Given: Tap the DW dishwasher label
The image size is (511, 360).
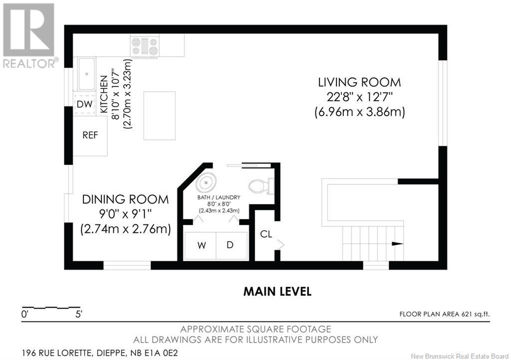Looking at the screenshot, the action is [x=84, y=105].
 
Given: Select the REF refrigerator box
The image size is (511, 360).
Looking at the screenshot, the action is [x=90, y=136].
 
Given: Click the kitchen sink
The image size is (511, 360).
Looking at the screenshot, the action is [x=86, y=74].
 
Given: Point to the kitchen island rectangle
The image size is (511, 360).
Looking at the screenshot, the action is [x=160, y=116].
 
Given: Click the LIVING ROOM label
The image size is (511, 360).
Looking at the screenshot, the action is [x=359, y=82].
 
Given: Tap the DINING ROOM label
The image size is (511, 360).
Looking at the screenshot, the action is [x=125, y=199].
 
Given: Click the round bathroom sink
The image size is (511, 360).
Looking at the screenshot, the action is [x=206, y=182].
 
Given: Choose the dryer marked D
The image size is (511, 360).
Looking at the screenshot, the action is [x=232, y=246].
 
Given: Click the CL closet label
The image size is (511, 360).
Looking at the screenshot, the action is [x=266, y=234].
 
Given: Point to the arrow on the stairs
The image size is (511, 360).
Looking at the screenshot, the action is [x=397, y=244].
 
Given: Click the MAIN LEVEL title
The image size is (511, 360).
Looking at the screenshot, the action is [x=277, y=291].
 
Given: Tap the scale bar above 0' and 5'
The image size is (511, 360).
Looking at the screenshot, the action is [x=51, y=307].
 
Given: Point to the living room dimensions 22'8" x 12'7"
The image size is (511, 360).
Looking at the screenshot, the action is [x=359, y=97].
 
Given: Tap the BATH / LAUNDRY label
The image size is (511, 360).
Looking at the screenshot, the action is [x=219, y=197].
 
